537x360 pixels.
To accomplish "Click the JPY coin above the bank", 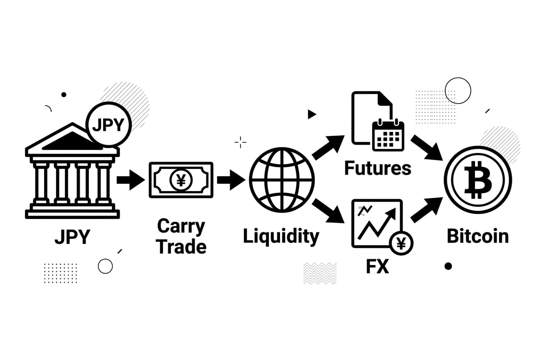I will [108, 125].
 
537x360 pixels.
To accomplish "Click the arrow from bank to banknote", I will [130, 180].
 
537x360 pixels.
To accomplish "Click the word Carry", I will [181, 226].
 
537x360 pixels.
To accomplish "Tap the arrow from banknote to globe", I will [230, 180].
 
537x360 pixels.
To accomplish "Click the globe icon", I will [282, 180].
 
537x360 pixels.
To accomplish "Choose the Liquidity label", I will [281, 236].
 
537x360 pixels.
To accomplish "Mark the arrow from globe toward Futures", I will [328, 147].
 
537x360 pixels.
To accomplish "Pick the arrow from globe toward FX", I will [328, 211].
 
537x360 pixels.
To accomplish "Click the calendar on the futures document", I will [388, 135].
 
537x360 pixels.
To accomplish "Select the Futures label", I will [377, 169].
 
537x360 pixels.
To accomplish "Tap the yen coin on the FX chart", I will [401, 243].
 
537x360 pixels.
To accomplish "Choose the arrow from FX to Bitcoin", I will [427, 210].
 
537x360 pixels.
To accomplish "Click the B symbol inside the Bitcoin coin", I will [478, 180].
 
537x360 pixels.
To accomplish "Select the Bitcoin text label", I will [478, 236].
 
